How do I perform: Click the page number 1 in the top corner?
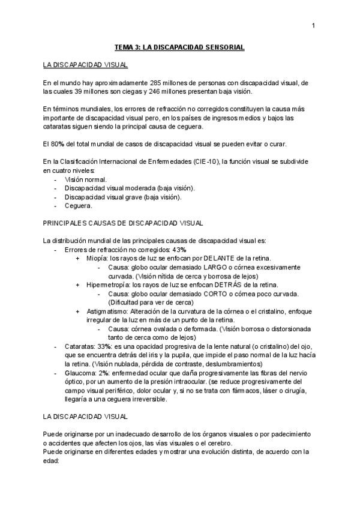(x=314, y=25)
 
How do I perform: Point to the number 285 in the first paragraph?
(x=157, y=83)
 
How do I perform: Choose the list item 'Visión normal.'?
(x=86, y=179)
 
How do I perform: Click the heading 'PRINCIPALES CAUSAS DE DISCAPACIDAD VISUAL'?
(x=123, y=223)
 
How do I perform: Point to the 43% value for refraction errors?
(x=179, y=249)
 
